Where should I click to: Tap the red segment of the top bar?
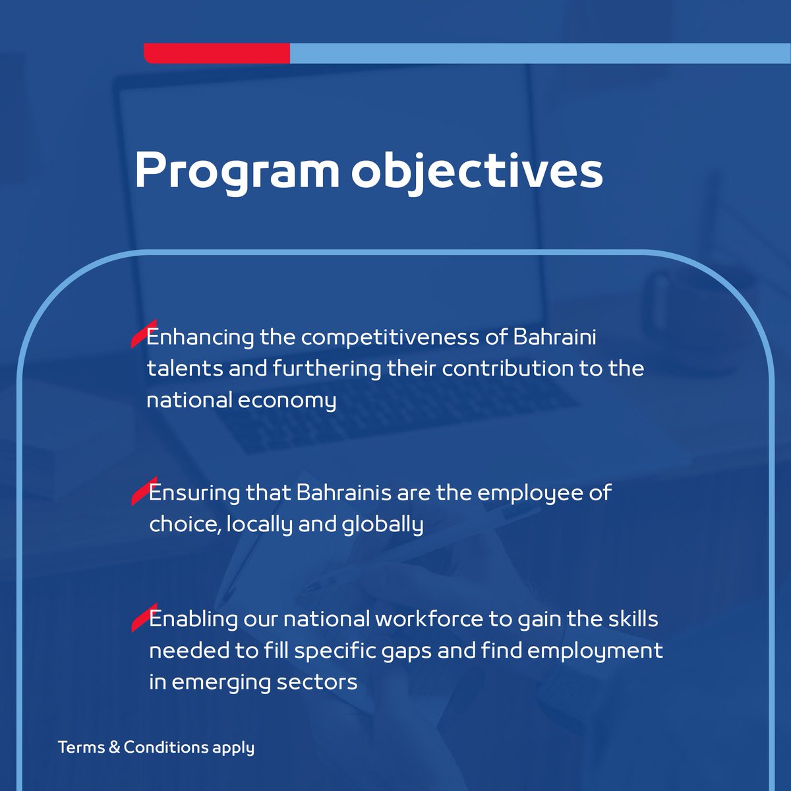point(217,53)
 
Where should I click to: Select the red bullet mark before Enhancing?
point(138,336)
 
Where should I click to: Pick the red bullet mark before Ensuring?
point(140,491)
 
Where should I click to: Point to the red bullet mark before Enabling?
point(140,618)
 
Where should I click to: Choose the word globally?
point(383,525)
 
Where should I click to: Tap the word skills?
point(630,620)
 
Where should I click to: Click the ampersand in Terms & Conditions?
point(113,747)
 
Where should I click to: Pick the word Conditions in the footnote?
point(166,747)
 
